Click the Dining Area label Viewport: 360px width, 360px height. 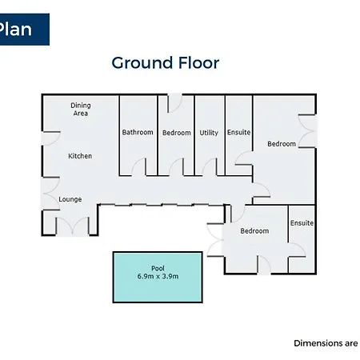81,110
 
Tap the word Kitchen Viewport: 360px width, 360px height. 80,156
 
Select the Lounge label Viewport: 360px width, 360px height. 70,199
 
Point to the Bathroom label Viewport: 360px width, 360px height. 138,132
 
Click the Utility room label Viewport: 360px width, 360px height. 209,133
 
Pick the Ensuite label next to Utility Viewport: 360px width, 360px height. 238,132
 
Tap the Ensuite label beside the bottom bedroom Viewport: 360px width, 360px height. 302,223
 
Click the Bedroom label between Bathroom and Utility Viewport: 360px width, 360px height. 177,133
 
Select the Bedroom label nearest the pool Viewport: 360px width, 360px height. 254,231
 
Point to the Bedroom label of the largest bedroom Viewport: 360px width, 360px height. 282,144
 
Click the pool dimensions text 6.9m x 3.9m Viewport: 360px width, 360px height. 158,277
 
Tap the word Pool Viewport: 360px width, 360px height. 158,268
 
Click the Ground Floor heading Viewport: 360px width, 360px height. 166,63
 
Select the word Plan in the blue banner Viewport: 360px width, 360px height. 15,29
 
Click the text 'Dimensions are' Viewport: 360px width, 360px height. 326,343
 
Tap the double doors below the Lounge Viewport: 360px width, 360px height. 72,226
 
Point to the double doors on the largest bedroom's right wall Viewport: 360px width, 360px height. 306,131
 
